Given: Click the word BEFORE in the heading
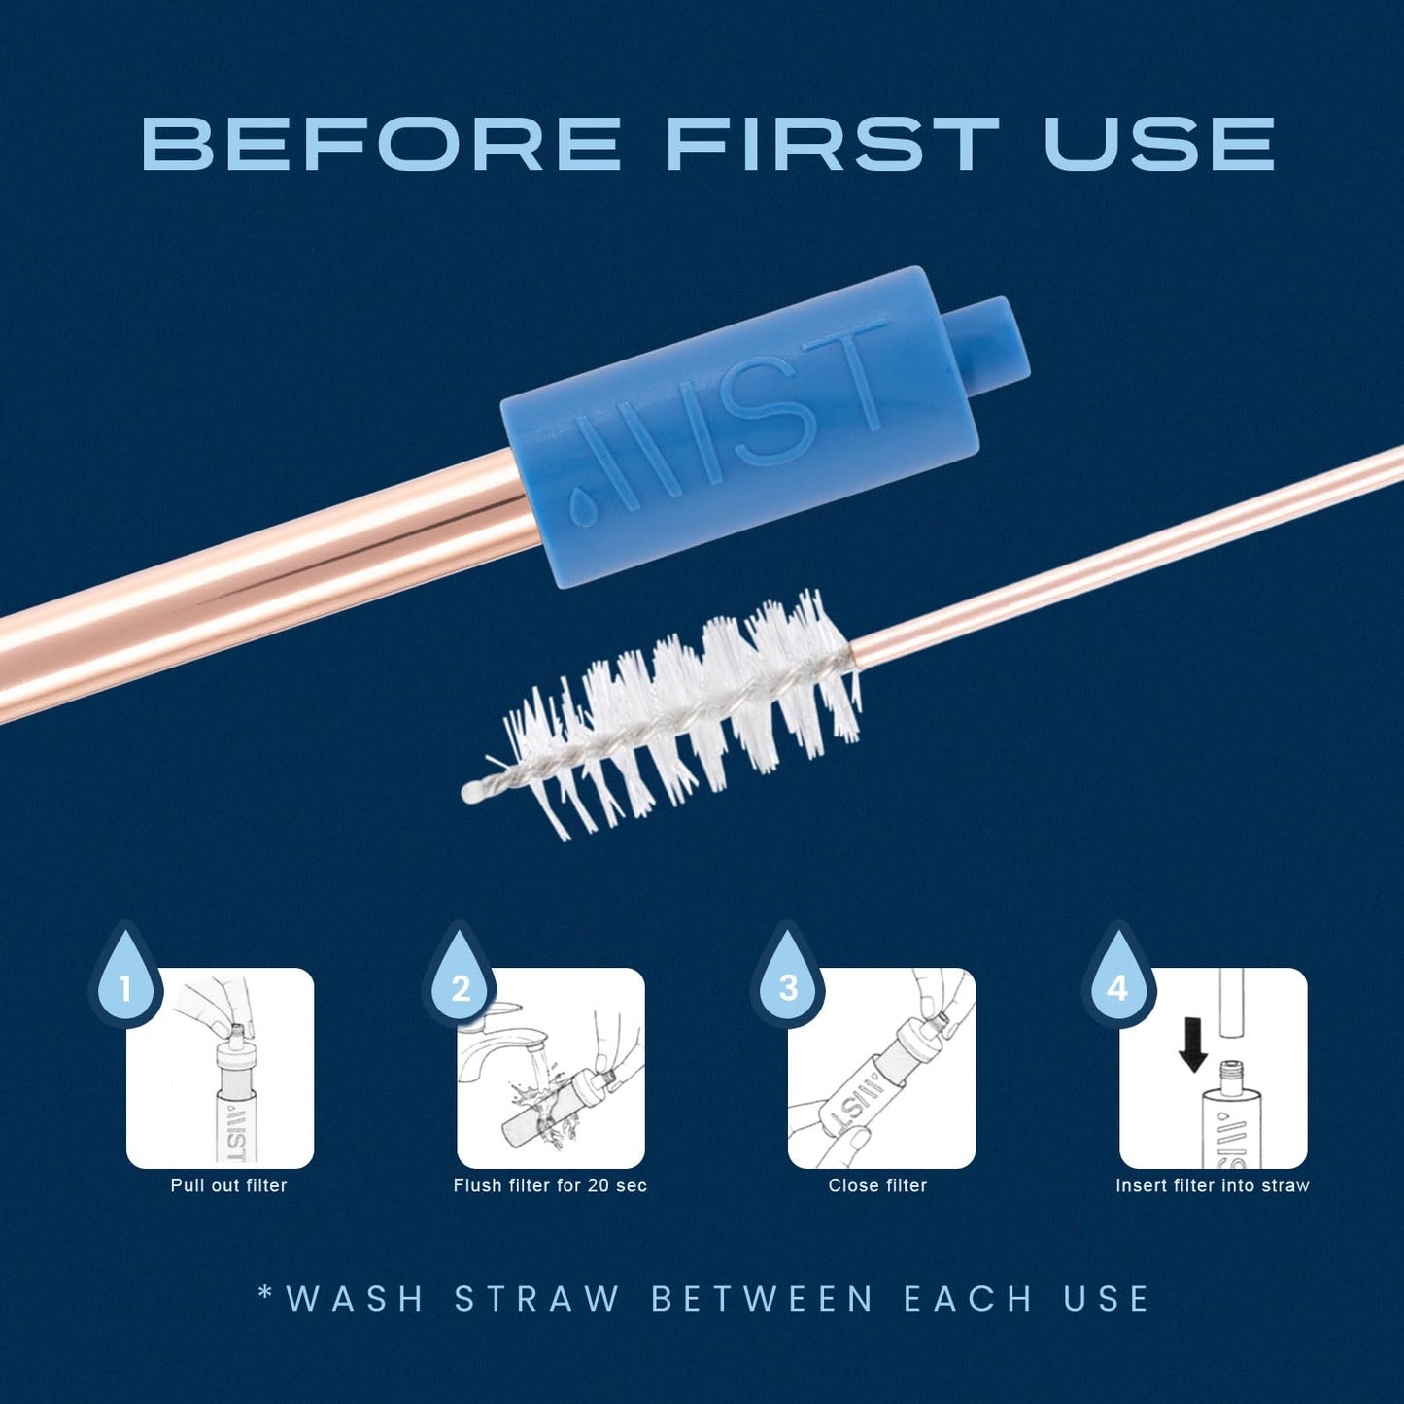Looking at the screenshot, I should [381, 144].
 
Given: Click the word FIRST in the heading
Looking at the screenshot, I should [832, 144].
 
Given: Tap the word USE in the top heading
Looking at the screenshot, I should [1158, 144].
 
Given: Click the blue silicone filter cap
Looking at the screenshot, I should [738, 428].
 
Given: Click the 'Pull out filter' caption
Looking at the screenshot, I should [228, 1185].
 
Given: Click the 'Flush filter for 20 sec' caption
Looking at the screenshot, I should [550, 1185].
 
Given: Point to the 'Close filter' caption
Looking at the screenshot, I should [877, 1185].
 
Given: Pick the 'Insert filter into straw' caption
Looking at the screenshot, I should [1212, 1185].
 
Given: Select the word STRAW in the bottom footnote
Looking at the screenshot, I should [537, 1299].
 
